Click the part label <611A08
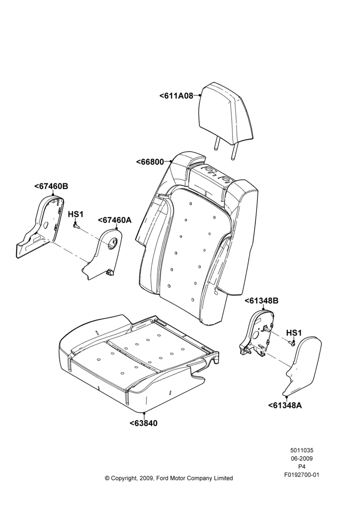[x=176, y=96]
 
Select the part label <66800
[x=150, y=162]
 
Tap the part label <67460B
[x=51, y=186]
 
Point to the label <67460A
[x=115, y=220]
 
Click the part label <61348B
[x=261, y=301]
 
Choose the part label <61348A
[x=285, y=405]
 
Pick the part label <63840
[x=143, y=423]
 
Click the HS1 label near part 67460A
[x=76, y=214]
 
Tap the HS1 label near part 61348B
[x=294, y=333]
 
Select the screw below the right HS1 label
[x=292, y=342]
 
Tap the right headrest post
[x=233, y=151]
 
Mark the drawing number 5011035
[x=302, y=450]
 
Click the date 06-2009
[x=302, y=458]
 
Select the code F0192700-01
[x=302, y=475]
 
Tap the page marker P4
[x=302, y=467]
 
